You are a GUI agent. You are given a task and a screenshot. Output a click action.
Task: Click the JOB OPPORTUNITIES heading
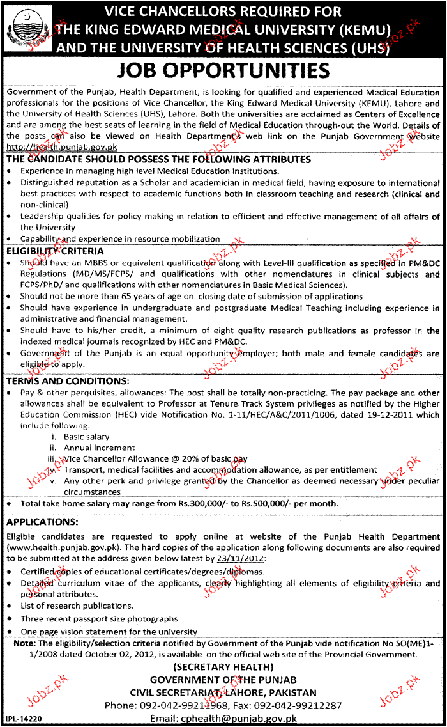coord(224,71)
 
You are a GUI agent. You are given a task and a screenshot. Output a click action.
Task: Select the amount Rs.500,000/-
coord(263,504)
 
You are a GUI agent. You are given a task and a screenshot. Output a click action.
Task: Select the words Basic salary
coord(87,437)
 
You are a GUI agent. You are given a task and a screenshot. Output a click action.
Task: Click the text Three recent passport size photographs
coord(99,619)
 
